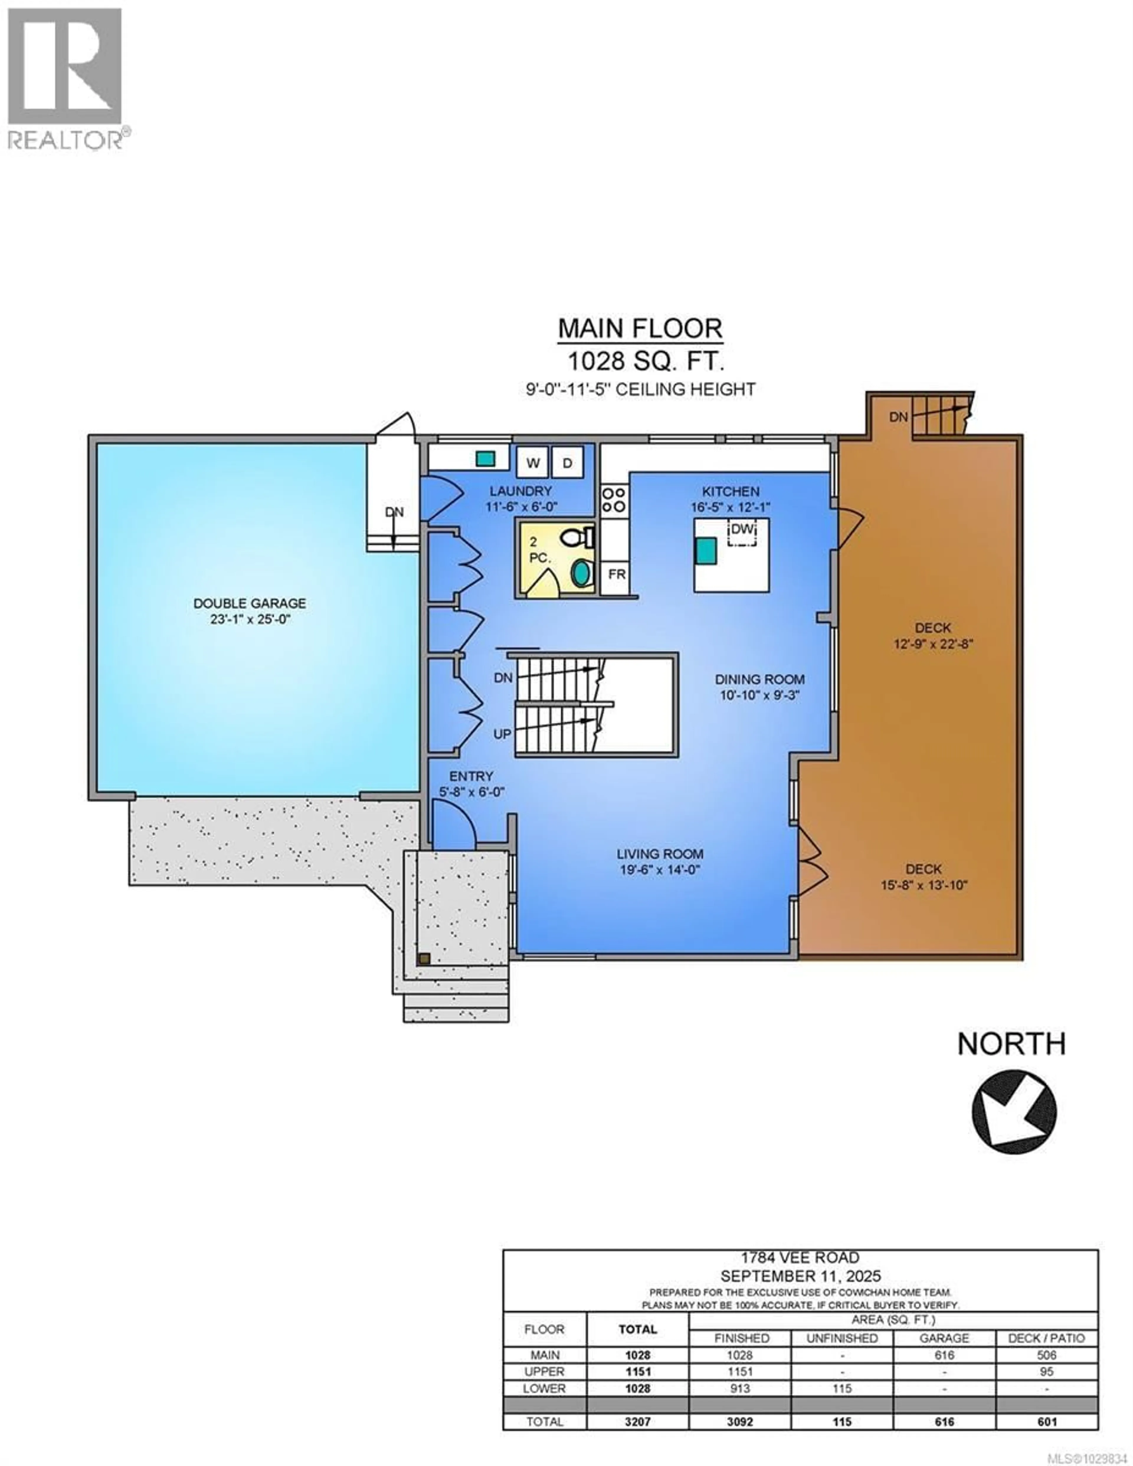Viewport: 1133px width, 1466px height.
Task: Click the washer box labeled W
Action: [533, 462]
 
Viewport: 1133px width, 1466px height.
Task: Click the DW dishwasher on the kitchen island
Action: [742, 530]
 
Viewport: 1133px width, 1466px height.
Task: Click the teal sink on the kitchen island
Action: [706, 550]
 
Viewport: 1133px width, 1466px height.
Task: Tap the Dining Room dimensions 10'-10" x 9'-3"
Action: [759, 695]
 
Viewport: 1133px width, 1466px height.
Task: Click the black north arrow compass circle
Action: [1014, 1112]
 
